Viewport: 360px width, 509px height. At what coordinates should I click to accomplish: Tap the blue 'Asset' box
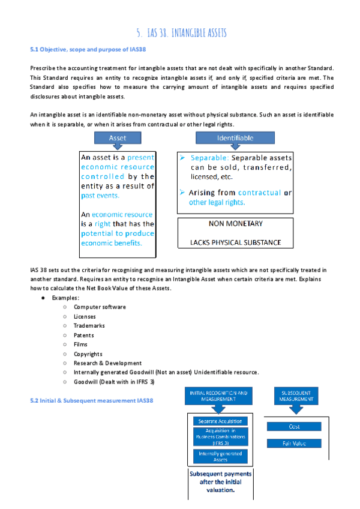pyautogui.click(x=118, y=138)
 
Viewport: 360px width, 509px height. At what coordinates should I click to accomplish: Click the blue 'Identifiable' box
pyautogui.click(x=235, y=138)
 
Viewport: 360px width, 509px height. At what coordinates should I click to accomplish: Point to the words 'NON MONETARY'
pyautogui.click(x=235, y=224)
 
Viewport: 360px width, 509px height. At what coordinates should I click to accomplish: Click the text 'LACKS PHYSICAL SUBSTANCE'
pyautogui.click(x=235, y=242)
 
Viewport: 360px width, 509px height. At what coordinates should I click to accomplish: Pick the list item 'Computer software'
pyautogui.click(x=100, y=307)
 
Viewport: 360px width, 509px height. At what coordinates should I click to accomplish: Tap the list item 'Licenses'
pyautogui.click(x=85, y=316)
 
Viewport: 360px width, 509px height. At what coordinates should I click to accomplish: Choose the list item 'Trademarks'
pyautogui.click(x=89, y=325)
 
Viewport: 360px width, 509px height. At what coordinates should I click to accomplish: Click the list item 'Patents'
pyautogui.click(x=84, y=335)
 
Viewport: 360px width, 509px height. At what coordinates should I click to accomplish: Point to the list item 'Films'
pyautogui.click(x=80, y=345)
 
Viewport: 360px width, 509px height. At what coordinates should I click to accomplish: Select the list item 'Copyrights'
pyautogui.click(x=88, y=354)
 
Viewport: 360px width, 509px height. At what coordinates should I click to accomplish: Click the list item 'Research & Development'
pyautogui.click(x=107, y=363)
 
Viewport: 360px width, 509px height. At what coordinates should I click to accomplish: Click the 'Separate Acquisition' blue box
pyautogui.click(x=221, y=421)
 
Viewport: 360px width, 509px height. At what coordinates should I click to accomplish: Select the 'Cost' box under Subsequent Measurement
pyautogui.click(x=294, y=426)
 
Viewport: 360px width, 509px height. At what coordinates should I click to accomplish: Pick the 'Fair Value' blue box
pyautogui.click(x=294, y=444)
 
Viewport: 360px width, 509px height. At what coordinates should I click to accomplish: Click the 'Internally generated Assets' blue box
pyautogui.click(x=221, y=456)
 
